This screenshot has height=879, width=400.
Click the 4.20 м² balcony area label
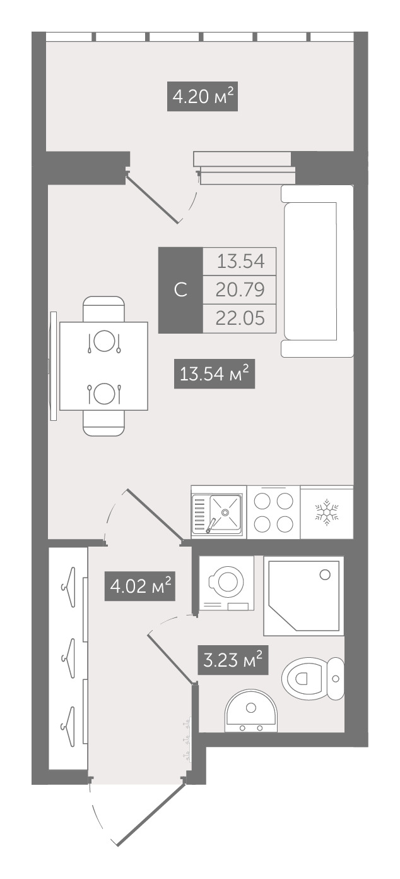point(203,96)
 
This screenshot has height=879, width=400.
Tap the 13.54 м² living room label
point(215,374)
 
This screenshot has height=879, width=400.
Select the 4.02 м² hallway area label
point(139,586)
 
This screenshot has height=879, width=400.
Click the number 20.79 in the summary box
point(240,289)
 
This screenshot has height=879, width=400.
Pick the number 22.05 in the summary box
point(240,318)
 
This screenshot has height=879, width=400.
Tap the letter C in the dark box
point(180,290)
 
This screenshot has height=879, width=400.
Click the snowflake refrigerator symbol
point(327,512)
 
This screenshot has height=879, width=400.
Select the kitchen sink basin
point(225,512)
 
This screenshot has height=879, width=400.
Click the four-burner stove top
point(273,512)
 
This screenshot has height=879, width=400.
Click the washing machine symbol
point(226,583)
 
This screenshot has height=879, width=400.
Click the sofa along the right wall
point(317,271)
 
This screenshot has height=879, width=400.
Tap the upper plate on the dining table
point(104,341)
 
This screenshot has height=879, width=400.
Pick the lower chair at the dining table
point(104,423)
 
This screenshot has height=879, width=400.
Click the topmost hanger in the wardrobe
point(68,588)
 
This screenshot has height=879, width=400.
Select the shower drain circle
point(325,575)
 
